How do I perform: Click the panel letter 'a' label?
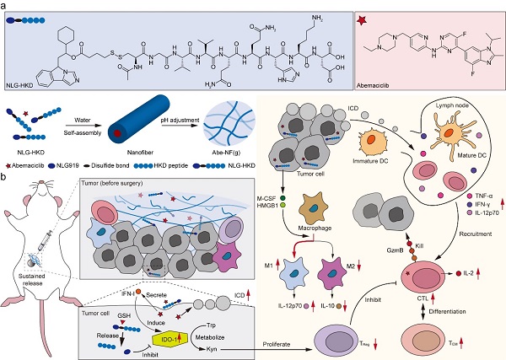[5, 7]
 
